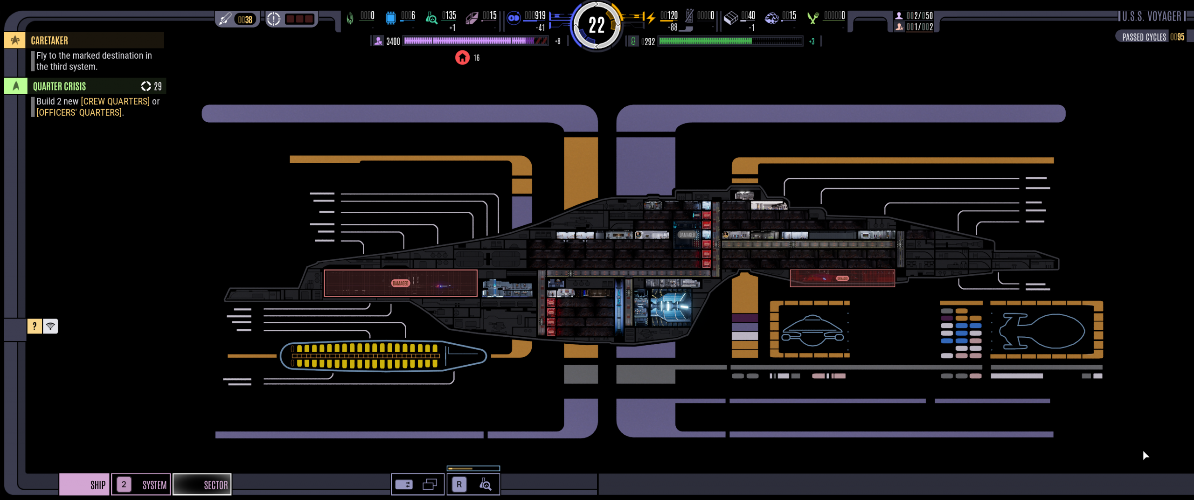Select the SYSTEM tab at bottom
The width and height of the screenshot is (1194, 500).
coord(141,485)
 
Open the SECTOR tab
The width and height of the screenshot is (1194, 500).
coord(202,485)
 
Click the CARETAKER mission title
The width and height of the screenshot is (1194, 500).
coord(49,41)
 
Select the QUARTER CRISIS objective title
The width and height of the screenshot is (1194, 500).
coord(59,86)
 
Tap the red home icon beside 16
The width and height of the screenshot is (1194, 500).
coord(462,57)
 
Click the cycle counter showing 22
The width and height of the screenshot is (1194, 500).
coord(596,25)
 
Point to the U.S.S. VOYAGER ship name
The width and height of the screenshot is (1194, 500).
coord(1151,17)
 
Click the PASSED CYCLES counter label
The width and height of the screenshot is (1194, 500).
coord(1144,37)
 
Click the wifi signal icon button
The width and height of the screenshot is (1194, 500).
coord(50,326)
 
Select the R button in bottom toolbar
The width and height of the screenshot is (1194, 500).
coord(459,485)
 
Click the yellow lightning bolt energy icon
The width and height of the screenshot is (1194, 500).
coord(651,18)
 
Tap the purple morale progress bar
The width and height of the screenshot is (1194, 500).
coord(475,41)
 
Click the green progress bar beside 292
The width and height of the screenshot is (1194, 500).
coord(730,41)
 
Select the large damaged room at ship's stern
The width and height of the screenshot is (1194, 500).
coord(400,283)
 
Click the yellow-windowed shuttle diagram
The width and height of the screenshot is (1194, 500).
coord(382,356)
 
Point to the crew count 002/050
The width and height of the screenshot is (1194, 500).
coord(919,16)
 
